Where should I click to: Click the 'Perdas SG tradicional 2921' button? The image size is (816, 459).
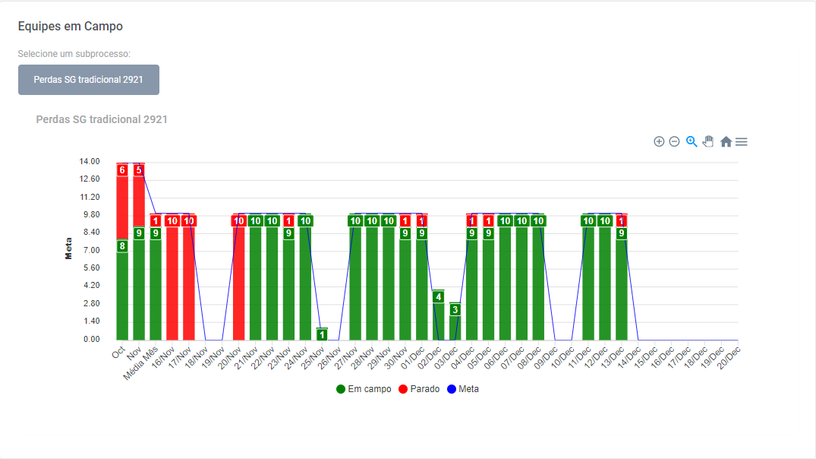(x=89, y=80)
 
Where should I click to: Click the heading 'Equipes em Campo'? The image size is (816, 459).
(x=71, y=27)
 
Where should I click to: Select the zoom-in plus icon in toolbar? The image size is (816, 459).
(x=659, y=141)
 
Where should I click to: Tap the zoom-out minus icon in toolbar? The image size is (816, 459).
(x=674, y=141)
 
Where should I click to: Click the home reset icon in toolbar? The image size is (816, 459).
(x=726, y=141)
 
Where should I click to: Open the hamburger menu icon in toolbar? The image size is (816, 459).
(x=742, y=141)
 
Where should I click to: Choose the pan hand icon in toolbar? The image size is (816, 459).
(x=708, y=141)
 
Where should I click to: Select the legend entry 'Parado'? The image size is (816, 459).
(x=419, y=389)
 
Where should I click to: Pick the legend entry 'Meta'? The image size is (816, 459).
(x=463, y=389)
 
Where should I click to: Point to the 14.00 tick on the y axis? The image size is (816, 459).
(x=90, y=161)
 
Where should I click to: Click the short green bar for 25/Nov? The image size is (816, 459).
(x=322, y=334)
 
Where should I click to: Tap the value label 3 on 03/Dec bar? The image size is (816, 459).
(x=455, y=309)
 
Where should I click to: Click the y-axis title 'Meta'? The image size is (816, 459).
(x=69, y=251)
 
